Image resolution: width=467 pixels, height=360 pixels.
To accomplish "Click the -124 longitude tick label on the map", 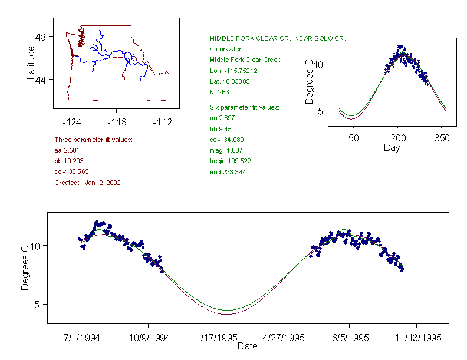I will tap(71, 123).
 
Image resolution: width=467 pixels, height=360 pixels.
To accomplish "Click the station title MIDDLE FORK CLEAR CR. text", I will tap(278, 38).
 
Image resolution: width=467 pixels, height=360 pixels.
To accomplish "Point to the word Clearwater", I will tap(226, 49).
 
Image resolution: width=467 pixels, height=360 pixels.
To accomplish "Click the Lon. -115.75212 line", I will tap(233, 71).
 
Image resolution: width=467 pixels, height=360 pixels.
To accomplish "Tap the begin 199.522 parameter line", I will tap(231, 161).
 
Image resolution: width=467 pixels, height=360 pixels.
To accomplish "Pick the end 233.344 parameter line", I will tap(228, 172).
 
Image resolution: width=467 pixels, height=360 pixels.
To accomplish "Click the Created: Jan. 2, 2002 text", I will tap(87, 183).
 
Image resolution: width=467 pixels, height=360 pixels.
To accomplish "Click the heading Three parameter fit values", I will tap(93, 140).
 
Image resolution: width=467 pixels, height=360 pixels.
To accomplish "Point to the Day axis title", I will tap(392, 148).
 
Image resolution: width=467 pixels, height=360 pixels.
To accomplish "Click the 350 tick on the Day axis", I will tap(442, 138).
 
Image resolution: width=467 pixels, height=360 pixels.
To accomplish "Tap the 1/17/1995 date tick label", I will tap(215, 338).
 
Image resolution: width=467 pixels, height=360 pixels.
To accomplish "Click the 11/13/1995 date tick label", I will tap(417, 338).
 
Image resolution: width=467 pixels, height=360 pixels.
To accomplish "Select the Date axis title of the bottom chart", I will tap(247, 346).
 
